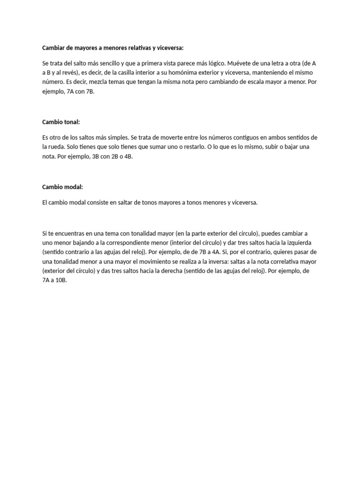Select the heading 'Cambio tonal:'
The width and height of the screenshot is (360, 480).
point(61,122)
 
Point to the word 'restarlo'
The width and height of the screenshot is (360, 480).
point(191,147)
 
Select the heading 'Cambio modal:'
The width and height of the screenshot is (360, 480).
point(62,187)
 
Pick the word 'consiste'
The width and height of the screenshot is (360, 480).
point(95,203)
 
